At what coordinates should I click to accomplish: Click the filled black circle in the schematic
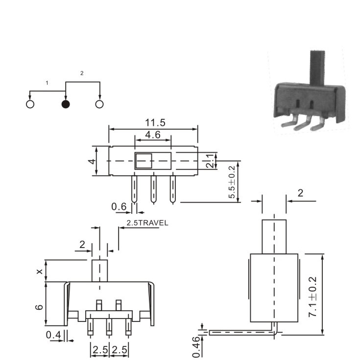pyautogui.click(x=66, y=105)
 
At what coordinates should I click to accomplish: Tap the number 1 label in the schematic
pyautogui.click(x=47, y=83)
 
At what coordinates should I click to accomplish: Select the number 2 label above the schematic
pyautogui.click(x=82, y=73)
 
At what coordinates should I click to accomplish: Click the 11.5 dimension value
pyautogui.click(x=155, y=123)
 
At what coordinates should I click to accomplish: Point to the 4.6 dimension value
pyautogui.click(x=153, y=135)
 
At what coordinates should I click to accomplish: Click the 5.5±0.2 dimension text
pyautogui.click(x=232, y=182)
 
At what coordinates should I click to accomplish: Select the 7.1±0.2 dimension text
pyautogui.click(x=312, y=296)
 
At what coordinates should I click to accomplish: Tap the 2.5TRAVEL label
pyautogui.click(x=147, y=223)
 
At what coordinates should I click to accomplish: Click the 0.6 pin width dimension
pyautogui.click(x=119, y=206)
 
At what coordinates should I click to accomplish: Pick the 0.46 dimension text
pyautogui.click(x=196, y=347)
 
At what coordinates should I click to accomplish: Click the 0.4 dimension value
pyautogui.click(x=53, y=335)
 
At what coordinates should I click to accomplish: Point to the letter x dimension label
pyautogui.click(x=40, y=271)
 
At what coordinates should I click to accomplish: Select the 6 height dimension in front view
pyautogui.click(x=39, y=307)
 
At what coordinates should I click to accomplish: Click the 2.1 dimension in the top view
pyautogui.click(x=210, y=161)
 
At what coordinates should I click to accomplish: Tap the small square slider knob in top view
pyautogui.click(x=144, y=160)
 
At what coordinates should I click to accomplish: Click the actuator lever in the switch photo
pyautogui.click(x=317, y=68)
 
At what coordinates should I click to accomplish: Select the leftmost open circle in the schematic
pyautogui.click(x=30, y=105)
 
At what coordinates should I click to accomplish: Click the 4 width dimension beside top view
pyautogui.click(x=92, y=161)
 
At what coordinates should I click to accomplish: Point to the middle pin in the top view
pyautogui.click(x=153, y=189)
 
